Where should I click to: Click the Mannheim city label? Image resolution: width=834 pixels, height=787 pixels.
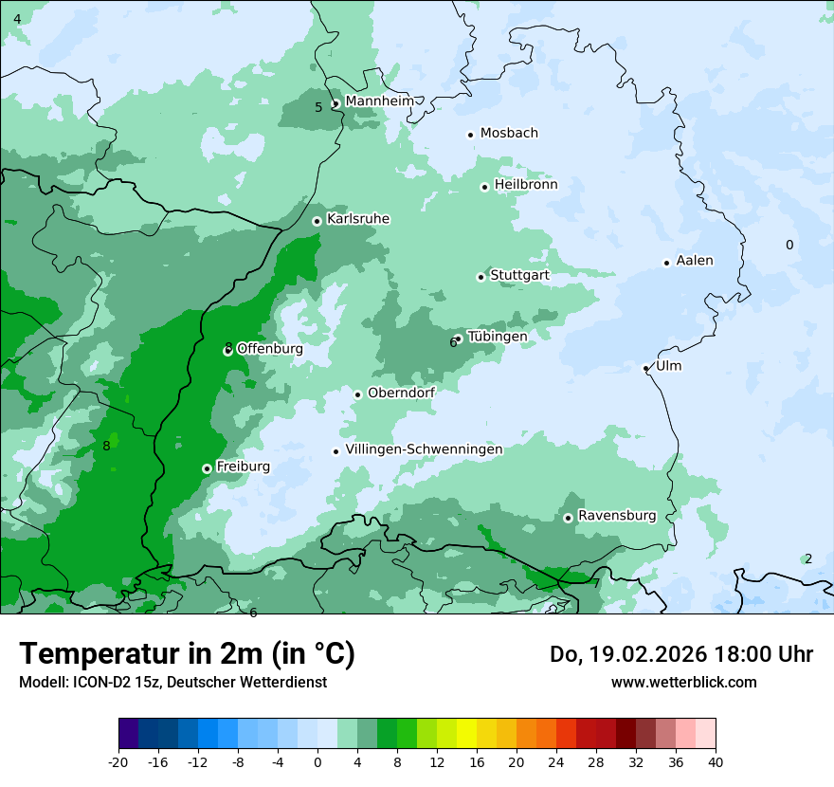379,101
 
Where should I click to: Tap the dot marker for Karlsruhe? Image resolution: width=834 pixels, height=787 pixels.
317,221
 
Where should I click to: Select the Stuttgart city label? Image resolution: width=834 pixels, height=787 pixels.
519,276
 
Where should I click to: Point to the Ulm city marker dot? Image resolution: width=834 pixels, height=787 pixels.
645,368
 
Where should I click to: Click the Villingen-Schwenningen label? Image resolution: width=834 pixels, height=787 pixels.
424,449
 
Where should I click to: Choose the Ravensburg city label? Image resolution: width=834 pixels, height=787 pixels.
616,516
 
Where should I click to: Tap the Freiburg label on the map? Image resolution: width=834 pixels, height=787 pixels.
243,467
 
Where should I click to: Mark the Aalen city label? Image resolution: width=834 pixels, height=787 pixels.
695,261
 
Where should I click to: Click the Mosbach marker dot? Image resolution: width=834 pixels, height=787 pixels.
470,135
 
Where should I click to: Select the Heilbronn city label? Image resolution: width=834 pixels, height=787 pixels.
526,185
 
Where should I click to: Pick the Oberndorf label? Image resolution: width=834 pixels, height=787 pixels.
401,393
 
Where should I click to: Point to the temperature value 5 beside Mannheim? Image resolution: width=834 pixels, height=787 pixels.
318,107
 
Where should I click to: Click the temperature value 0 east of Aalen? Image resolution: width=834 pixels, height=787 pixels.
789,246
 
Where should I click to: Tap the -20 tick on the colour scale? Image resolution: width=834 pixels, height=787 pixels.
118,761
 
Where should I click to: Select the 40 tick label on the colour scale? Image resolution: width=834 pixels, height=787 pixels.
716,761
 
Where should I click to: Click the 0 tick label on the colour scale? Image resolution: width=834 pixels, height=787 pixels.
317,761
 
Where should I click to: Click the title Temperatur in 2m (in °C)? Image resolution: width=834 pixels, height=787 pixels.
187,653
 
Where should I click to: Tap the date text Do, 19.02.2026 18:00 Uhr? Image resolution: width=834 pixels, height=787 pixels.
681,654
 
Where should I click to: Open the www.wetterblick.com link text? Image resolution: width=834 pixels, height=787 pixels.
683,682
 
